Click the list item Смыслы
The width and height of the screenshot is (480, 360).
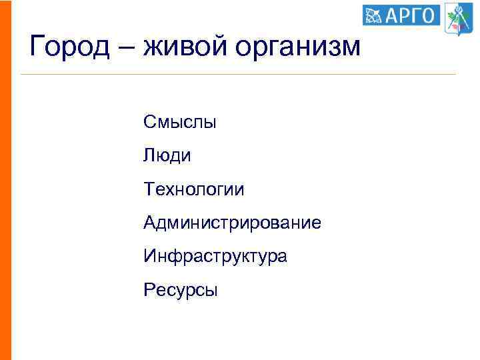[179, 122]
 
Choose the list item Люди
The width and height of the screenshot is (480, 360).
[167, 156]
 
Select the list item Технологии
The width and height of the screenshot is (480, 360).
[193, 190]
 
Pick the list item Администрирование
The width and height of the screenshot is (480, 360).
[231, 223]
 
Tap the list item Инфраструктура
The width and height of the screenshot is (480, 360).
[215, 256]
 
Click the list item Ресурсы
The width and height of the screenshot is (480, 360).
[180, 290]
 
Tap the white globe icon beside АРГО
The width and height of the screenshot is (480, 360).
[374, 15]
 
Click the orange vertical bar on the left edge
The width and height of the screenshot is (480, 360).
[5, 180]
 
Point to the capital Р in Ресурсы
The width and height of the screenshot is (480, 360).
[148, 289]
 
